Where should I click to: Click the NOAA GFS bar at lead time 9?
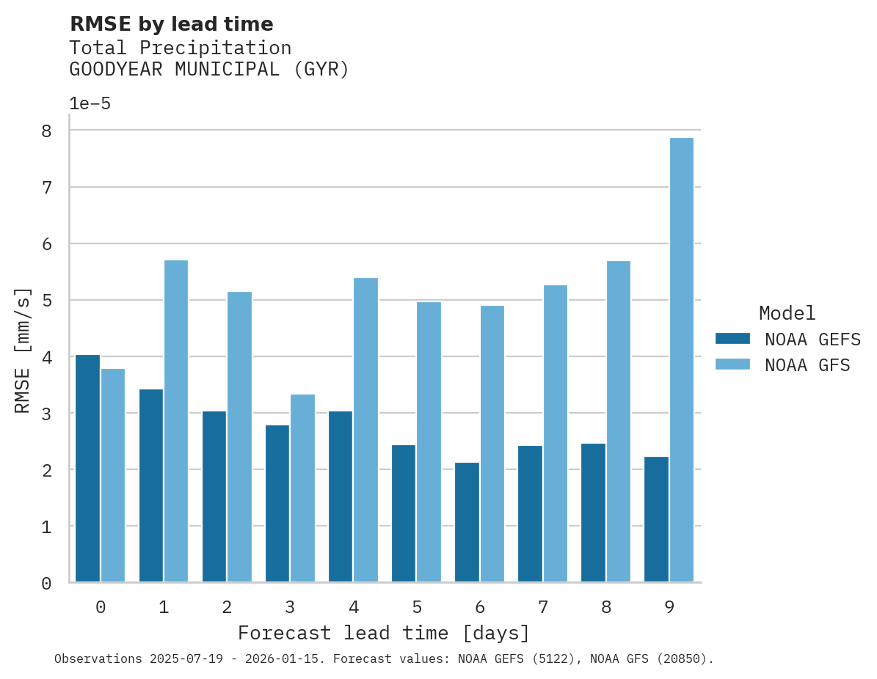coord(682,360)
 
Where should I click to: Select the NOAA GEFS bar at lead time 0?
coord(87,469)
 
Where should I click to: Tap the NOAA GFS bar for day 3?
coord(302,488)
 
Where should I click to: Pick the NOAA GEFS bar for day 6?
coord(467,522)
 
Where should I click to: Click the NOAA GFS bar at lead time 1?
coord(176,421)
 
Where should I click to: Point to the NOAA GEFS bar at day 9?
coord(656,519)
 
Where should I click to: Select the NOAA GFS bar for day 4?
coord(365,430)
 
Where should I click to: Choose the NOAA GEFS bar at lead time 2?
coord(214,496)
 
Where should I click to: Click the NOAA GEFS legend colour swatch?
coord(732,339)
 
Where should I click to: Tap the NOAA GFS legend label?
coord(807,365)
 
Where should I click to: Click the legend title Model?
coord(787,314)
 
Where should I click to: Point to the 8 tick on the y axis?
coord(46,131)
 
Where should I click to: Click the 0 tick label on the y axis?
coord(46,584)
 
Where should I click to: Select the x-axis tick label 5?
coord(417,607)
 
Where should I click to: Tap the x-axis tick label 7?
coord(543,607)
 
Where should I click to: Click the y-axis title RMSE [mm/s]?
coord(23,350)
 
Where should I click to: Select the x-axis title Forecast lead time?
coord(383,633)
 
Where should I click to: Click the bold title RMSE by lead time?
coord(171,24)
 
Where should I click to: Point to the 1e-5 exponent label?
coord(90,104)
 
